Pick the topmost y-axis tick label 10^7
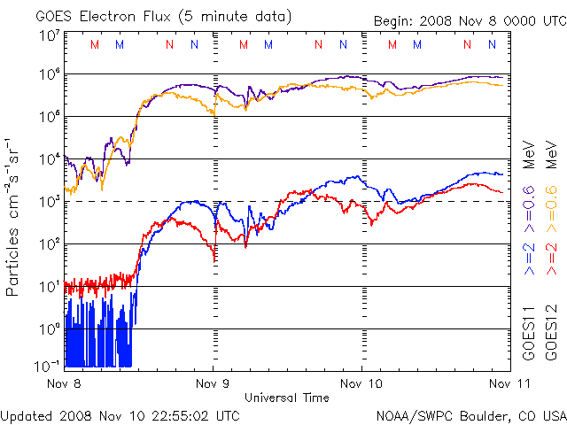(x=49, y=35)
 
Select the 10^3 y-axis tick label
(x=49, y=202)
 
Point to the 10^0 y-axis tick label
(x=49, y=328)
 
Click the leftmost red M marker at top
(x=95, y=44)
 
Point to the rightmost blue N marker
(x=492, y=44)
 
